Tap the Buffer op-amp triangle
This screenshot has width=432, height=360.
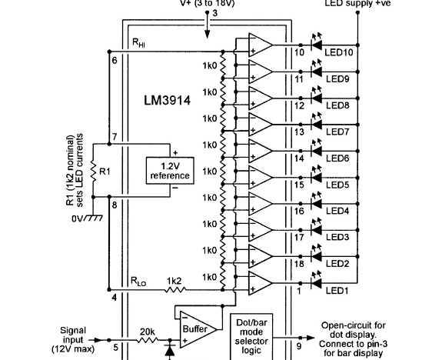click(193, 328)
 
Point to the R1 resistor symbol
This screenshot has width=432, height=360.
click(91, 171)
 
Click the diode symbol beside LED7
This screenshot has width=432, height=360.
click(314, 123)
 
